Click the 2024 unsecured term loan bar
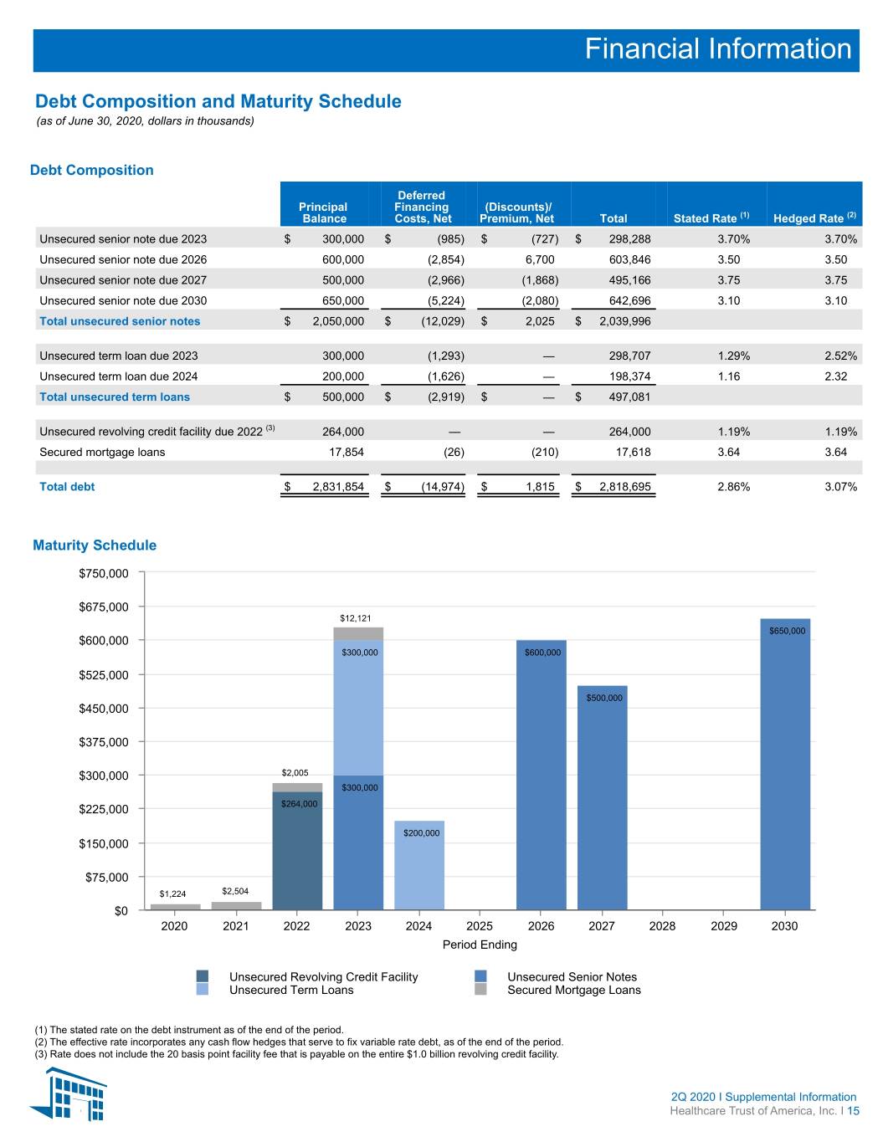coord(418,865)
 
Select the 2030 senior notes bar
coord(785,764)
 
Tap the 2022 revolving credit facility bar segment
coord(297,851)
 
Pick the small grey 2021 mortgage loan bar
coord(236,905)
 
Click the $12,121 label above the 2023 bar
coord(356,618)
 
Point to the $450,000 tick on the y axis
coord(104,709)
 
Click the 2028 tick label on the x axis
coord(662,926)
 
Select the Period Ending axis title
coord(480,945)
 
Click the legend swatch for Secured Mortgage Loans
coord(480,989)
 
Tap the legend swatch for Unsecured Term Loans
coord(203,989)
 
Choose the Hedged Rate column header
coord(814,218)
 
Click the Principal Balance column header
coord(323,213)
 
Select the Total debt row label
coord(67,487)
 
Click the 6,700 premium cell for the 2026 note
coord(540,259)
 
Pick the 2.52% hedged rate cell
coord(840,356)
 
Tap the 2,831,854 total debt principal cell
coord(338,487)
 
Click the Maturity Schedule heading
coord(95,545)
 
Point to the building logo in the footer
coord(69,1094)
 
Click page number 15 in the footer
coord(853,1110)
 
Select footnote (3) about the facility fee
coord(296,1053)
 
